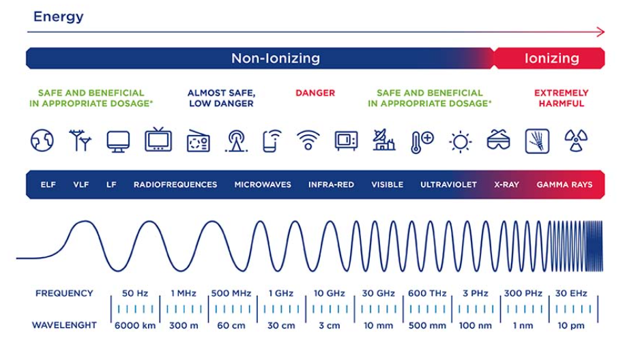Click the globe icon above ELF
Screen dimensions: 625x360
(42, 140)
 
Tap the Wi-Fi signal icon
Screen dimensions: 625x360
(308, 140)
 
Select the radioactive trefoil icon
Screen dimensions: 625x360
(576, 140)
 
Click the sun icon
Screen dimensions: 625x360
(461, 142)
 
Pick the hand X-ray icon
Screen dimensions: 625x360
(537, 141)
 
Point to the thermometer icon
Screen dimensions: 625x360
(422, 142)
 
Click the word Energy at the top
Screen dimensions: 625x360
(59, 17)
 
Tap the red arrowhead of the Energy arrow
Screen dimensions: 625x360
(600, 32)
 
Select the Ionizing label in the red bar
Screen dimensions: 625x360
(552, 58)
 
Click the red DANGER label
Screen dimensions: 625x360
(315, 93)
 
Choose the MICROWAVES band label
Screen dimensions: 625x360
(263, 185)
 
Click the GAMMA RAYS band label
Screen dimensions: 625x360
(564, 185)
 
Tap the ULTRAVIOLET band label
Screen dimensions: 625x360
(448, 185)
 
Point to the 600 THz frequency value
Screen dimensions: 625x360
(427, 293)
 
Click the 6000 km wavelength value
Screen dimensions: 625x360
(135, 326)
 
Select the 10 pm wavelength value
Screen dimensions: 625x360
(571, 326)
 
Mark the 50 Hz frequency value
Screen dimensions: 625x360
(135, 293)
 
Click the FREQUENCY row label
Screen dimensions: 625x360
(64, 293)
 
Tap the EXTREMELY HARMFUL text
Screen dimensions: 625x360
(562, 98)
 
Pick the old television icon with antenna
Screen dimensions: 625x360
(158, 139)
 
